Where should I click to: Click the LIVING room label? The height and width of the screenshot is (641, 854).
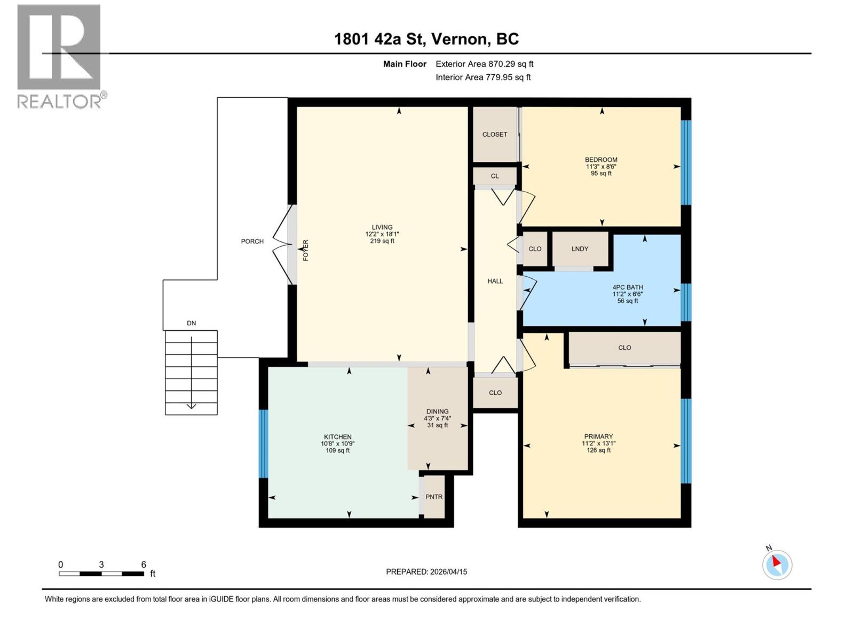pyautogui.click(x=382, y=227)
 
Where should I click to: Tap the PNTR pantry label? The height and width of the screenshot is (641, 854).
pyautogui.click(x=434, y=497)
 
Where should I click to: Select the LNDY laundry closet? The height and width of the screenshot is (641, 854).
pyautogui.click(x=580, y=249)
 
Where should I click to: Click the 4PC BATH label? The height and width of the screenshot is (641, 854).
pyautogui.click(x=628, y=287)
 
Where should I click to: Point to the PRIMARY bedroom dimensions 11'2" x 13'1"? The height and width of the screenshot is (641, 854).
pyautogui.click(x=598, y=443)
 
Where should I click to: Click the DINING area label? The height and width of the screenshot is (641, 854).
pyautogui.click(x=437, y=411)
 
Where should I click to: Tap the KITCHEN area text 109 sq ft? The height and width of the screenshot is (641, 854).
pyautogui.click(x=337, y=450)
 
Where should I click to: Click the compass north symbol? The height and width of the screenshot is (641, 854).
pyautogui.click(x=777, y=564)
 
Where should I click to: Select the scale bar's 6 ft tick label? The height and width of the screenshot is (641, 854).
pyautogui.click(x=143, y=564)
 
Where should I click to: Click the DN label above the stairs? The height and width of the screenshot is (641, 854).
pyautogui.click(x=191, y=323)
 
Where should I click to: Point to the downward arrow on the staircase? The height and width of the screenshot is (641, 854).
pyautogui.click(x=191, y=405)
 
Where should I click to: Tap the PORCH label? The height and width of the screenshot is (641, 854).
pyautogui.click(x=252, y=241)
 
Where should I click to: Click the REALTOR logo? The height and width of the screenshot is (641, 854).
pyautogui.click(x=60, y=56)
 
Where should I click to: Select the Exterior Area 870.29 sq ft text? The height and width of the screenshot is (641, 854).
pyautogui.click(x=484, y=64)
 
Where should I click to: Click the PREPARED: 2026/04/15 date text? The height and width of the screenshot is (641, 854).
pyautogui.click(x=426, y=572)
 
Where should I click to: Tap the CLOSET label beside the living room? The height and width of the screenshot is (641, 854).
pyautogui.click(x=495, y=135)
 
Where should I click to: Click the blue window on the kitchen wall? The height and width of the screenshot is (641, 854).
pyautogui.click(x=263, y=443)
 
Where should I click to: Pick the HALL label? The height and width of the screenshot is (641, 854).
pyautogui.click(x=495, y=281)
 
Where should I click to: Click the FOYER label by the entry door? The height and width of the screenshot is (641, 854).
pyautogui.click(x=306, y=250)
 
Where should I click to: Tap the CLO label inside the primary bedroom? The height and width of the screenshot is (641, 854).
pyautogui.click(x=624, y=348)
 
